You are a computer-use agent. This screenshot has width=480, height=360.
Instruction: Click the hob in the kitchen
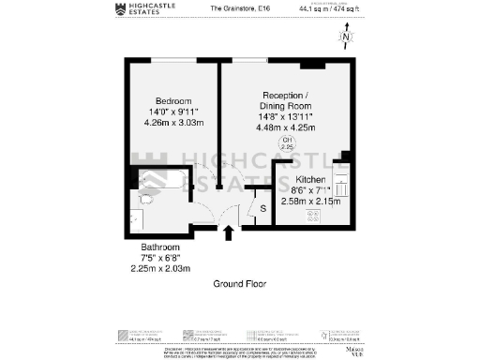[313, 215]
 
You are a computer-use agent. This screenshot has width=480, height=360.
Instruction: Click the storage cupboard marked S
[262, 208]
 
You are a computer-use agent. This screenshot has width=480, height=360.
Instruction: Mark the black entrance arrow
[227, 232]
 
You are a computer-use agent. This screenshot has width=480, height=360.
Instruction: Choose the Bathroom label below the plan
[150, 248]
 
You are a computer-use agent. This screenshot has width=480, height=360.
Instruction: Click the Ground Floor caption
[241, 283]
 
